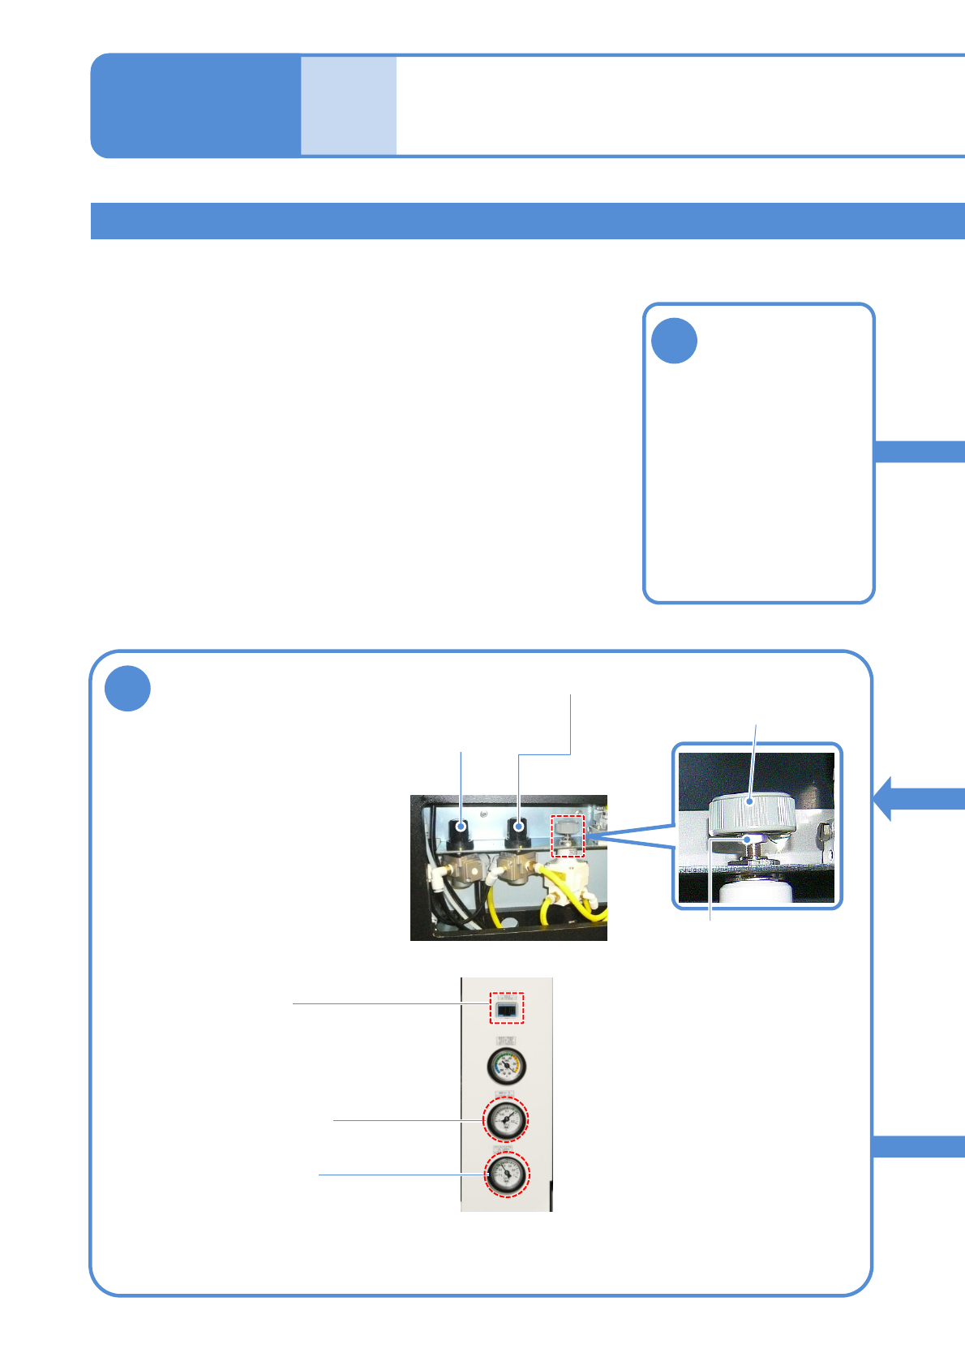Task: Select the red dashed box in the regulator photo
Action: tap(568, 835)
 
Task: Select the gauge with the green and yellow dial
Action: tap(507, 1066)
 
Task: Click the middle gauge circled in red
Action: tap(505, 1119)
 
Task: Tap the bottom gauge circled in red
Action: tap(507, 1174)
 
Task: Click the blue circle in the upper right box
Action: tap(674, 341)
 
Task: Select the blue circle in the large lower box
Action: tap(127, 689)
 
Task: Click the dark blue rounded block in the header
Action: tap(195, 105)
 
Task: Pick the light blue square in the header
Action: tap(349, 105)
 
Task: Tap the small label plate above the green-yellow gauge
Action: tap(506, 1041)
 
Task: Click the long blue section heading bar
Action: tap(527, 221)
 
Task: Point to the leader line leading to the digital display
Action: tap(389, 1004)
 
